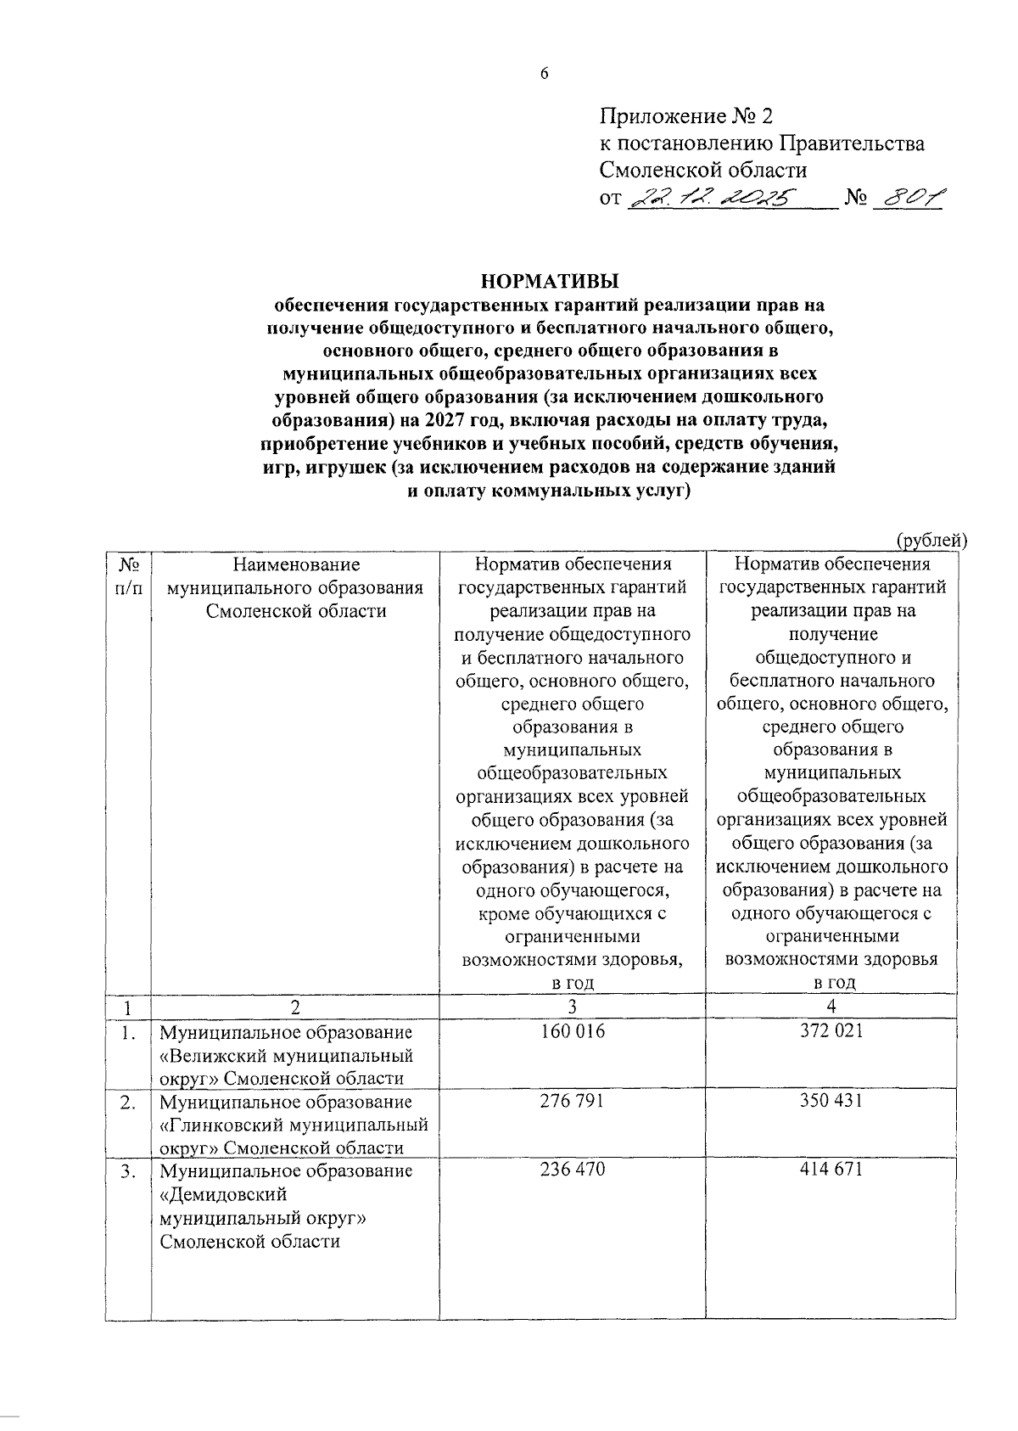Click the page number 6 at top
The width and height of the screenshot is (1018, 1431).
[x=545, y=75]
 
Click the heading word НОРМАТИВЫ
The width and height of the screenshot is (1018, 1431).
[x=550, y=281]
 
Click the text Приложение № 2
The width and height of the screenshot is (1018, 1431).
[x=685, y=116]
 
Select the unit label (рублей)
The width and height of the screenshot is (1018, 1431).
[x=931, y=539]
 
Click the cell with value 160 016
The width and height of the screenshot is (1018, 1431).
[x=573, y=1031]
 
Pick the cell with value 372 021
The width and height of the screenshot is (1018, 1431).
[x=831, y=1031]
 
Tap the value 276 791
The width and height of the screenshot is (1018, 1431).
[x=573, y=1101]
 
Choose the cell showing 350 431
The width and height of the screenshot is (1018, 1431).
[x=831, y=1101]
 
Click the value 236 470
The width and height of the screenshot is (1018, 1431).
[x=573, y=1170]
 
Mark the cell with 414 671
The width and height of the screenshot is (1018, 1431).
[x=831, y=1170]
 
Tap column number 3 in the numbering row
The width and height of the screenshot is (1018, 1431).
[x=573, y=1007]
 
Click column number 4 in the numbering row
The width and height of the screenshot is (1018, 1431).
[x=831, y=1007]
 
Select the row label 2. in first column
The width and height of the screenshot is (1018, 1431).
[x=128, y=1103]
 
